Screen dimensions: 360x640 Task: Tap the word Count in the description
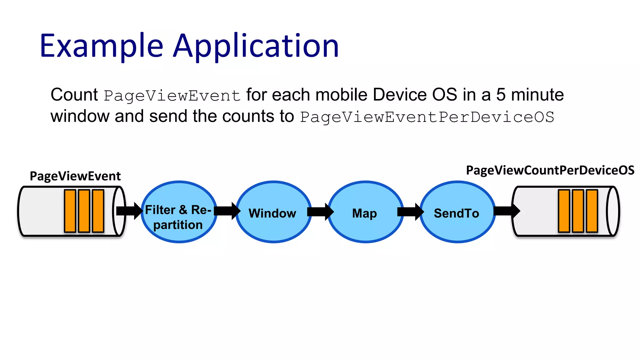tap(74, 95)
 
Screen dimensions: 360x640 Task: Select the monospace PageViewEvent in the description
tap(172, 96)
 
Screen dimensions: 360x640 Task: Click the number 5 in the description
tap(501, 95)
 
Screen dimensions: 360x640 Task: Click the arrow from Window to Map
tap(320, 212)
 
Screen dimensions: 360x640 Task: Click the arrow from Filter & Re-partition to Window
tap(227, 211)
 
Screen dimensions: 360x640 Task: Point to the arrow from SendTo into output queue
tap(506, 211)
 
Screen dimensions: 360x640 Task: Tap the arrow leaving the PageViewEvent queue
tap(129, 211)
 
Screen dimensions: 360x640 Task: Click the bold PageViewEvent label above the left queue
tap(75, 176)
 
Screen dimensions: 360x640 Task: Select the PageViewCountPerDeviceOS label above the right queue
tap(550, 170)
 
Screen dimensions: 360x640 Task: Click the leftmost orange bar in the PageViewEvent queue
tap(70, 211)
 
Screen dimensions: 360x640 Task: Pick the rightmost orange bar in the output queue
tap(592, 211)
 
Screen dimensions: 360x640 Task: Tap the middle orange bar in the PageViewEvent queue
tap(84, 211)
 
